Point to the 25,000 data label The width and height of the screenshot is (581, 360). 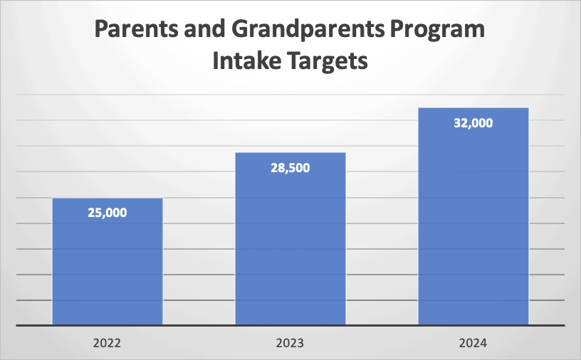(x=108, y=213)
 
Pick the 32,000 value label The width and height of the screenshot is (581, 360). (x=473, y=123)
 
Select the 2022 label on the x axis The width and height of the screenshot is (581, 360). (x=108, y=343)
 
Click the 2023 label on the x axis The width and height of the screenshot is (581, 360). (x=290, y=343)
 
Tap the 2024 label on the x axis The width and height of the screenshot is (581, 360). (x=473, y=343)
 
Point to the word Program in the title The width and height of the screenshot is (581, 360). (x=436, y=31)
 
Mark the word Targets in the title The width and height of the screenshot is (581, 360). (x=330, y=61)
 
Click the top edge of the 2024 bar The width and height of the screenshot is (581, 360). (x=473, y=108)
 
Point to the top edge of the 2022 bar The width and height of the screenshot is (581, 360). (x=108, y=198)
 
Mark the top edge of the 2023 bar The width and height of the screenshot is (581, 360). (x=290, y=153)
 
